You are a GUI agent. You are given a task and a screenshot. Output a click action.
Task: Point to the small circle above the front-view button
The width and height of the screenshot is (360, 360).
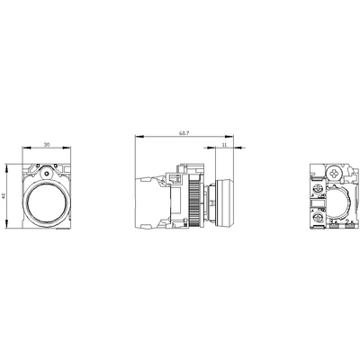coord(43,169)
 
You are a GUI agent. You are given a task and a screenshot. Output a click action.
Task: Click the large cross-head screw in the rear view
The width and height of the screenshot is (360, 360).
coord(335,170)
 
